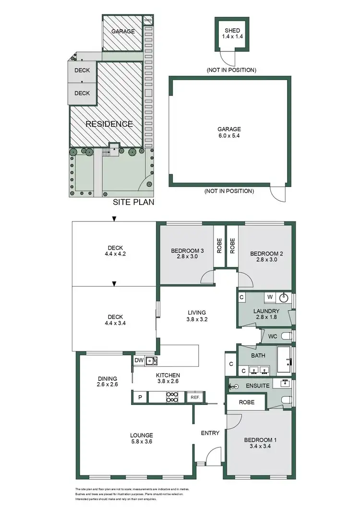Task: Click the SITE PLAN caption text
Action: [133, 202]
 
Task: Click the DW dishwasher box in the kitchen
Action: [139, 360]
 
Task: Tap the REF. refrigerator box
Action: [195, 397]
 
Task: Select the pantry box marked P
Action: [140, 397]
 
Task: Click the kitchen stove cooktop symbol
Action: [172, 397]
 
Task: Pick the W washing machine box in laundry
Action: [270, 297]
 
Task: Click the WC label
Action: [272, 336]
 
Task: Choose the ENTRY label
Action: [210, 433]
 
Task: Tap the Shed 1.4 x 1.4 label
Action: [232, 33]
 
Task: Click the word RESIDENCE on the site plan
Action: [109, 124]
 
